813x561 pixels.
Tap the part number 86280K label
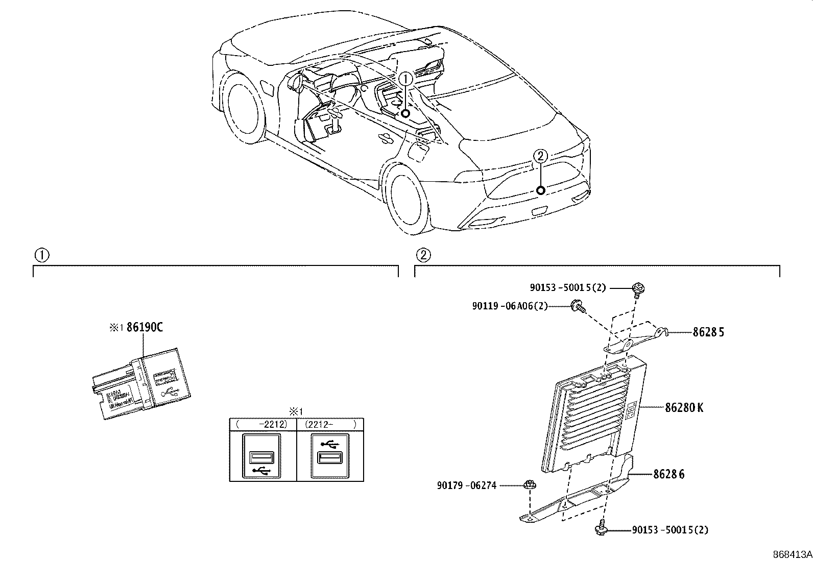(x=684, y=408)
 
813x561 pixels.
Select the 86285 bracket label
(x=708, y=332)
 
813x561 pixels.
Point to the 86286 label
(x=669, y=474)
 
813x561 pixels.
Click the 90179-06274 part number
(x=466, y=486)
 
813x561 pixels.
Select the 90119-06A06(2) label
(x=509, y=306)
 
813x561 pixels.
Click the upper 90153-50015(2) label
(x=567, y=288)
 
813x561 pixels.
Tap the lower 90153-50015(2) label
(x=670, y=530)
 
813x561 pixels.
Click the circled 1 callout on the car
(x=405, y=79)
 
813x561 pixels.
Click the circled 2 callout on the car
(x=540, y=155)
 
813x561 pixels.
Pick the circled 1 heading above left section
(x=41, y=255)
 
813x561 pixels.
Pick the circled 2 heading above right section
(x=423, y=255)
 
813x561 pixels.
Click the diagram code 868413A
(x=791, y=554)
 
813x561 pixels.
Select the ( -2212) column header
(x=262, y=424)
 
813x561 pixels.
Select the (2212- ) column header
(x=330, y=424)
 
